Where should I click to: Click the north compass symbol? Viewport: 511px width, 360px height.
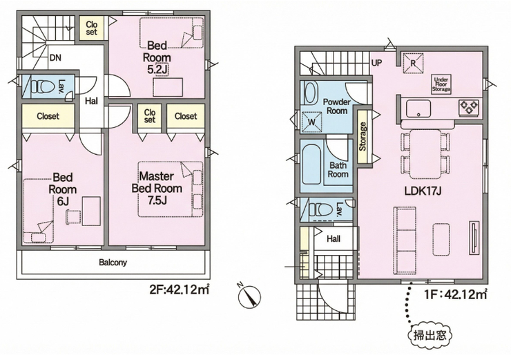(x=250, y=296)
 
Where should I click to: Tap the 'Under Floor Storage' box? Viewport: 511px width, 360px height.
(x=441, y=84)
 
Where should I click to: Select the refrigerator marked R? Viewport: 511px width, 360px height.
(x=413, y=64)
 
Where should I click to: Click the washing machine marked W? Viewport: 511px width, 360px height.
(x=311, y=122)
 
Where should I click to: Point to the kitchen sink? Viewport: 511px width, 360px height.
(x=418, y=108)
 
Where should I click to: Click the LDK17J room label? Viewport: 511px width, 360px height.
(x=423, y=191)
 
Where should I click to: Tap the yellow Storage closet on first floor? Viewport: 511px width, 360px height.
(x=363, y=137)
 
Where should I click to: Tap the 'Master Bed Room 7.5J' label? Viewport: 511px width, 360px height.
(x=157, y=189)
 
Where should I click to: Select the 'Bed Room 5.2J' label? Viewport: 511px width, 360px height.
(x=157, y=57)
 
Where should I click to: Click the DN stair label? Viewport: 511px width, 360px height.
(x=55, y=58)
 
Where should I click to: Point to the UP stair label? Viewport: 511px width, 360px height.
(x=377, y=63)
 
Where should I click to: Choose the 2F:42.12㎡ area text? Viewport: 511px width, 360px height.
(x=179, y=290)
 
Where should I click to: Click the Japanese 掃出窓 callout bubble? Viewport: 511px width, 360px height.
(x=430, y=335)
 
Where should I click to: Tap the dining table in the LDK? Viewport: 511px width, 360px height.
(x=426, y=154)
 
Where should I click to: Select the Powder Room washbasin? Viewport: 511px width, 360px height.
(x=310, y=92)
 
